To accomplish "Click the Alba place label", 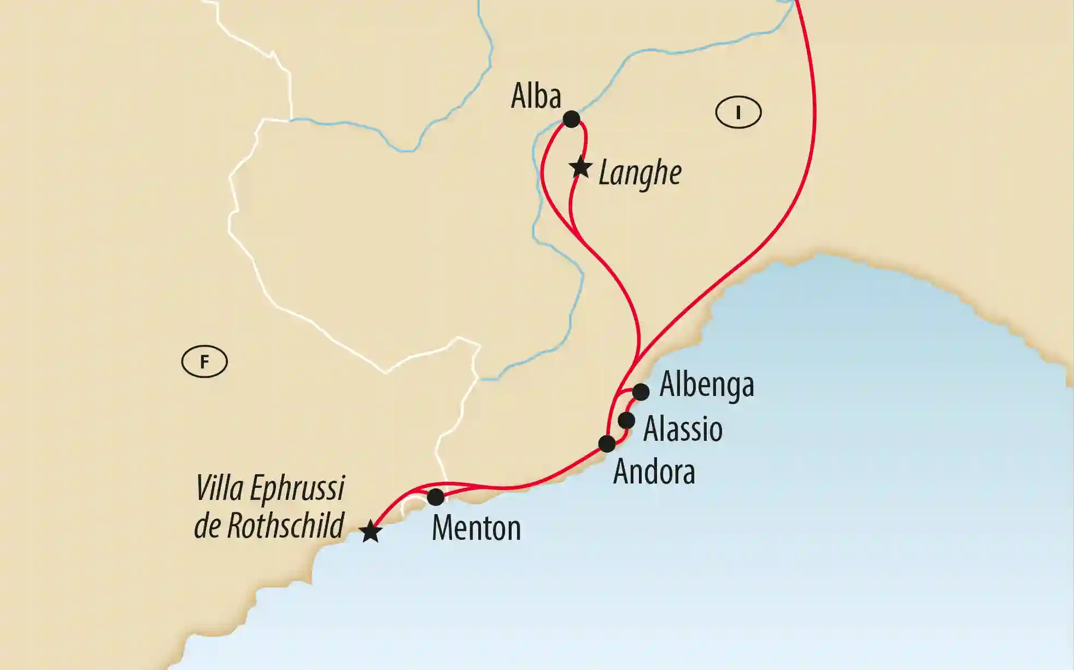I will tap(536, 97).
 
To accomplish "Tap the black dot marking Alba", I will tap(571, 119).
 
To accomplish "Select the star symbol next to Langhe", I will tap(580, 167).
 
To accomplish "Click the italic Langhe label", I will tap(640, 174).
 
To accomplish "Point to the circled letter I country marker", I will tap(738, 113).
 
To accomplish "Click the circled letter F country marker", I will tap(204, 362).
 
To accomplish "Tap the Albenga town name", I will tap(707, 384).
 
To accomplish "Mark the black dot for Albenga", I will tap(641, 392).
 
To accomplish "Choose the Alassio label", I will tap(683, 429).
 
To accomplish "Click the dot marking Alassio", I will tap(626, 421).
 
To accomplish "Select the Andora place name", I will tap(654, 471).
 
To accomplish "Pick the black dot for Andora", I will tap(607, 443).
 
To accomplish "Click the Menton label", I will tap(476, 528).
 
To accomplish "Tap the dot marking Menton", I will tap(435, 497).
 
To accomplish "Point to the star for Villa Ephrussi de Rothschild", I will tap(371, 531).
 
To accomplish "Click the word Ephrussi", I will tap(297, 488).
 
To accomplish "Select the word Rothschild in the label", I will tap(285, 526).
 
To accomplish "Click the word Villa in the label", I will tap(219, 488).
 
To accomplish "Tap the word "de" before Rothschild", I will tap(207, 526).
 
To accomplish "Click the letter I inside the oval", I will tap(738, 113).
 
